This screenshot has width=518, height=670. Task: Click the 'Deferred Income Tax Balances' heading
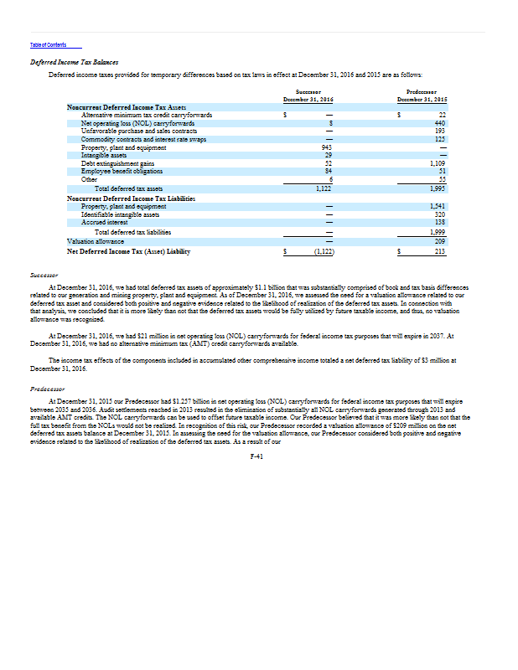(x=74, y=61)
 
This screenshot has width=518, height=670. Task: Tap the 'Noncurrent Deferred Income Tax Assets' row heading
(x=126, y=107)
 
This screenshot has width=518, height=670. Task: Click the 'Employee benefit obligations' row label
(x=117, y=171)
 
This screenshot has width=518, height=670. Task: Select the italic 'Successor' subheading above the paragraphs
(x=43, y=274)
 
